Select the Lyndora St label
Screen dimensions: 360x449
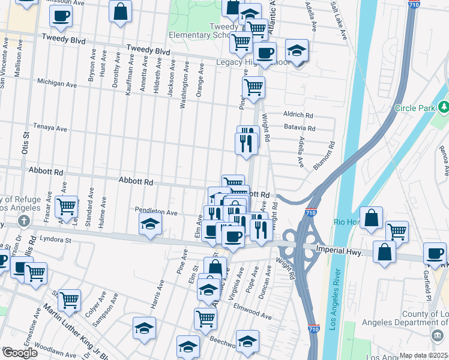tap(56, 239)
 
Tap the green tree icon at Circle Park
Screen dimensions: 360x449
tap(444, 107)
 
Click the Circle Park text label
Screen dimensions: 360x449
tap(414, 108)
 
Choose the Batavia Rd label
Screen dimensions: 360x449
tap(300, 128)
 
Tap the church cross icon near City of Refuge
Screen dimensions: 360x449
tap(23, 220)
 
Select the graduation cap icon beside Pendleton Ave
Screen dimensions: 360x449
tap(150, 224)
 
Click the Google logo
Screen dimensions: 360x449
tap(19, 353)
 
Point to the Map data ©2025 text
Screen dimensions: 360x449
tap(423, 355)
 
